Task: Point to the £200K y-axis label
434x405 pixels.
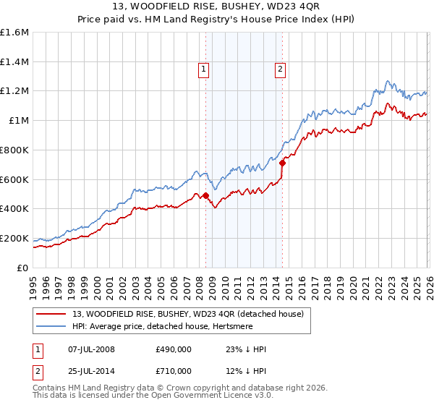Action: tap(14, 238)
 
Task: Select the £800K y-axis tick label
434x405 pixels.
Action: tap(14, 150)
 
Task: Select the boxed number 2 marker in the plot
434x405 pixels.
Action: tap(279, 69)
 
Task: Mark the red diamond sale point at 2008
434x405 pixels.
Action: tap(205, 195)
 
